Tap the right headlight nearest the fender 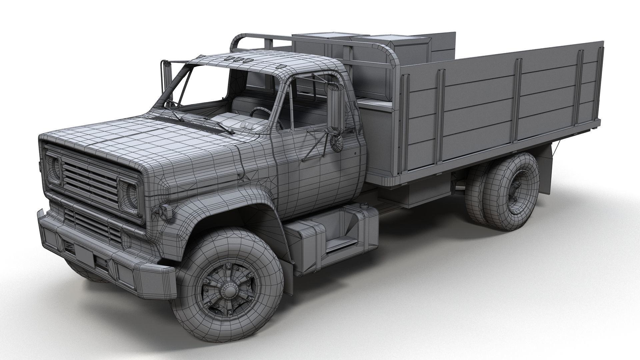click(x=129, y=196)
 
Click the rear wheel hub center click(x=516, y=193)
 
